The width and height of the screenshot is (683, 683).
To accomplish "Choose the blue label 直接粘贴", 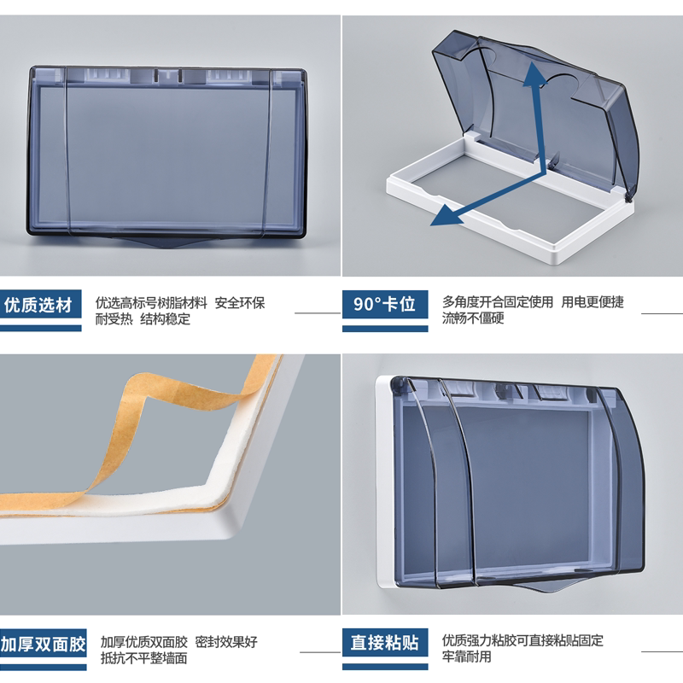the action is pyautogui.click(x=384, y=643).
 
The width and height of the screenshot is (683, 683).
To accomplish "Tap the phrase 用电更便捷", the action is pyautogui.click(x=593, y=302).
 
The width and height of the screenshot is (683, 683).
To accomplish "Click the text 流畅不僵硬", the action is pyautogui.click(x=473, y=319).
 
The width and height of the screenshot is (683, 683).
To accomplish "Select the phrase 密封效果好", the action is pyautogui.click(x=225, y=642).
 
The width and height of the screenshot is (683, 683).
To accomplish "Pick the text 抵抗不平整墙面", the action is pyautogui.click(x=144, y=659).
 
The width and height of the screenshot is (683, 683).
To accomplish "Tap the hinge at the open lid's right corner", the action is pyautogui.click(x=629, y=197).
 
